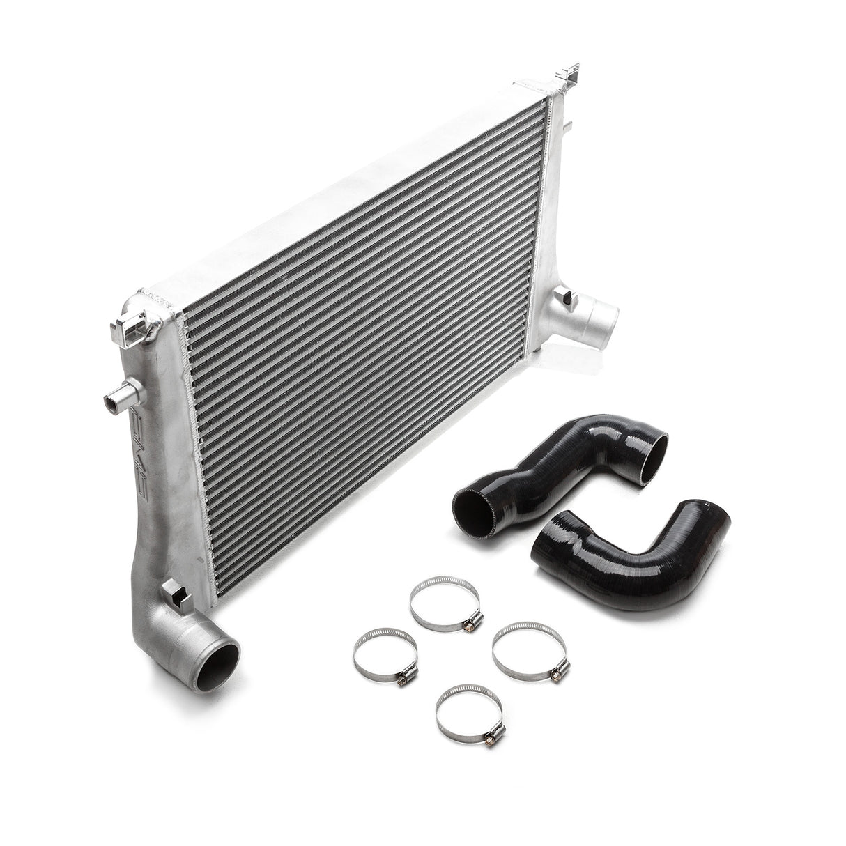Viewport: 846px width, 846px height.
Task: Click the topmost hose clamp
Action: [445, 603]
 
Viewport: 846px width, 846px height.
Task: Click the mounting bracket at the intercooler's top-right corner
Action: [570, 83]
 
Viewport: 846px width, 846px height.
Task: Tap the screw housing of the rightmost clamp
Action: [557, 672]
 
